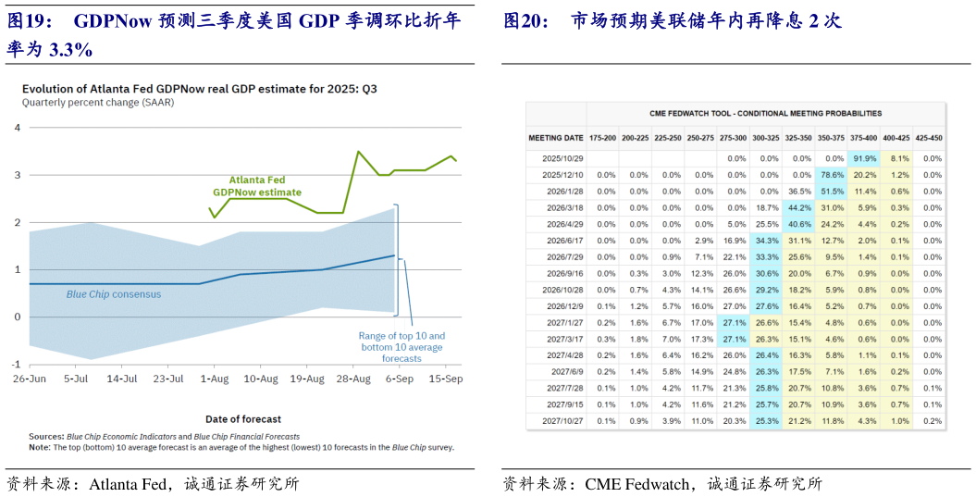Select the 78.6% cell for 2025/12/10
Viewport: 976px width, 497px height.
tap(832, 174)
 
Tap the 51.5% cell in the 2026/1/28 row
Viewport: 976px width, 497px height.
tap(832, 192)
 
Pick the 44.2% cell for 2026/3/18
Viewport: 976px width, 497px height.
tap(798, 208)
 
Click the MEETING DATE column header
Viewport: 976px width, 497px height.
tap(556, 138)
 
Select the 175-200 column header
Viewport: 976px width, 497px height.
tap(602, 138)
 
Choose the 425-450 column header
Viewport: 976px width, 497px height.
tap(928, 138)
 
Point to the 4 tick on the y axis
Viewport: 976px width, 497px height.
tap(17, 127)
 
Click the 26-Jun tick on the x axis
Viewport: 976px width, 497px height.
tap(29, 379)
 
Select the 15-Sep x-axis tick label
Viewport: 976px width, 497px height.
tap(445, 379)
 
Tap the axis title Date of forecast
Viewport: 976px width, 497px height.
tap(243, 419)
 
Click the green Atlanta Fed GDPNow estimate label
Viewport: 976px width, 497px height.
tap(257, 186)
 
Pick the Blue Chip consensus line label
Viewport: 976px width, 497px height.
tap(114, 294)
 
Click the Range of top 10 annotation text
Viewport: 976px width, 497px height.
tap(402, 347)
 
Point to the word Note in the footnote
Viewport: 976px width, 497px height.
tap(39, 447)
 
